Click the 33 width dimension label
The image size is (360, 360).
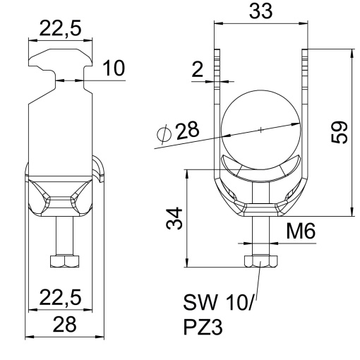pyautogui.click(x=261, y=13)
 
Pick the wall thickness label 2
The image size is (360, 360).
pyautogui.click(x=198, y=69)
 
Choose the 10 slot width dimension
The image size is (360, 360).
pyautogui.click(x=113, y=68)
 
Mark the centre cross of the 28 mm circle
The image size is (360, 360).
pyautogui.click(x=260, y=129)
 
